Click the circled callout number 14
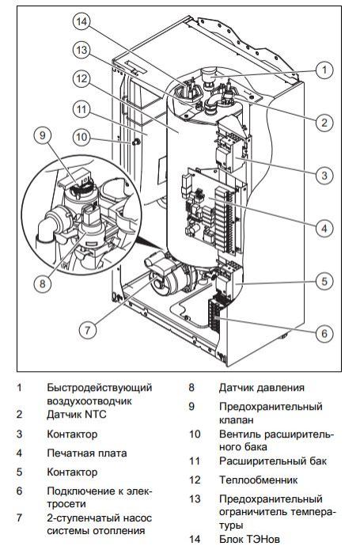tap(81, 21)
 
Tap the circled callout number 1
tap(324, 70)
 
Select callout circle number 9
tap(43, 135)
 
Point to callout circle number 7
tap(87, 329)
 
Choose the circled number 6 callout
tap(324, 334)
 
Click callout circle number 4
tap(324, 229)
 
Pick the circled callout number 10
tap(81, 136)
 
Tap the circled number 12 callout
tap(81, 79)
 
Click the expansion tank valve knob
tap(135, 142)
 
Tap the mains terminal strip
tap(215, 313)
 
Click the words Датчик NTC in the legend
tap(77, 415)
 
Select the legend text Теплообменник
tap(259, 480)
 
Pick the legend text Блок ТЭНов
tap(249, 539)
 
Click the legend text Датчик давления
tap(262, 388)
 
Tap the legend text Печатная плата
tap(87, 453)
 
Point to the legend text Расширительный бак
tap(273, 461)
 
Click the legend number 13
tap(195, 499)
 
